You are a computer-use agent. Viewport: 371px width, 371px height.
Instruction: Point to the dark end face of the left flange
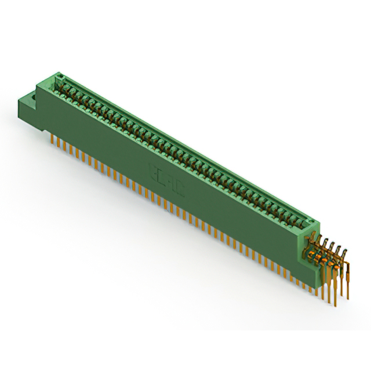[x=27, y=110]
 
